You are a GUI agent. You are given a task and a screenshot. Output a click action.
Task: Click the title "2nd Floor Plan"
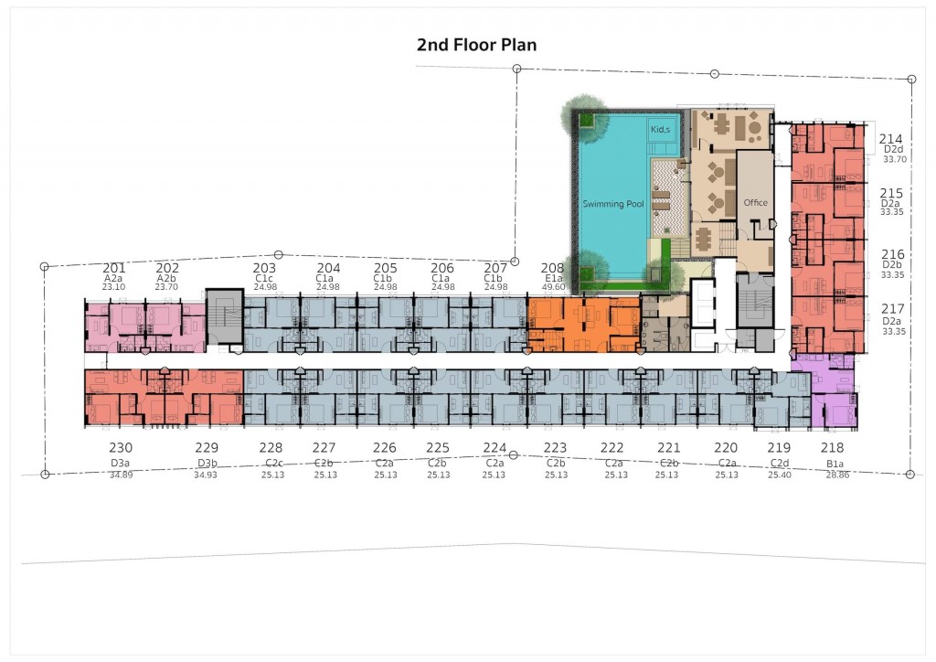click(x=476, y=45)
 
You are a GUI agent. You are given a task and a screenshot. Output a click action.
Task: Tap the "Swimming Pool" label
click(x=614, y=204)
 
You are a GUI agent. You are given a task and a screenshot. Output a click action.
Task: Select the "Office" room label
click(x=755, y=202)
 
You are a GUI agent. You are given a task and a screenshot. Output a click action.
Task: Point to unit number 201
click(x=114, y=268)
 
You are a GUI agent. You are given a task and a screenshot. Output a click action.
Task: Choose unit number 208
click(x=553, y=268)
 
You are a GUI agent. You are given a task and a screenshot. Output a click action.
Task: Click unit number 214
click(x=891, y=139)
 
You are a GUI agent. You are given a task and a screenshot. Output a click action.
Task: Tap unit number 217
click(x=893, y=309)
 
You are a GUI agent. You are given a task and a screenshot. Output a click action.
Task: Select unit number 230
click(x=121, y=448)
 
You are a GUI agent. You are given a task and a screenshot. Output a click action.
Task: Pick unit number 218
click(x=832, y=448)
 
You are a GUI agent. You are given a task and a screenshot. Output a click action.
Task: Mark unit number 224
click(x=495, y=448)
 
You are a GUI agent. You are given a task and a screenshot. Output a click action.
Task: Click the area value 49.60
click(x=554, y=287)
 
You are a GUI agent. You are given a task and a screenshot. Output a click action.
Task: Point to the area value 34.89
click(x=121, y=475)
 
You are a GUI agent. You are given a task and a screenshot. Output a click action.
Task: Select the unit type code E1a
click(x=554, y=278)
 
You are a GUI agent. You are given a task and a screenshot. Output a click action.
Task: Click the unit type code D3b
click(x=206, y=464)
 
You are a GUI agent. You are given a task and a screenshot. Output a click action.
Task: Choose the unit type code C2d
click(x=779, y=464)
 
